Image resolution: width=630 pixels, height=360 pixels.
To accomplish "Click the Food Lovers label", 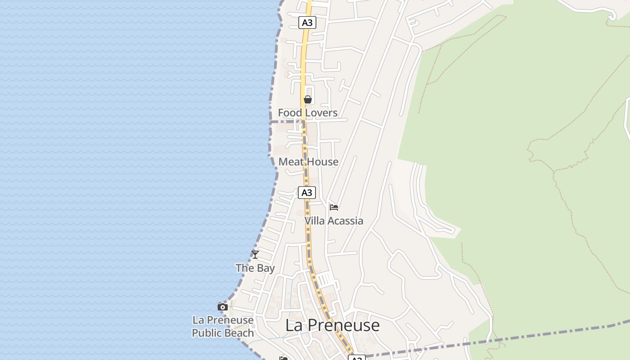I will coord(307,112).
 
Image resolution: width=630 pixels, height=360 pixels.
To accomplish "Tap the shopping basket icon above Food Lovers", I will coord(308,99).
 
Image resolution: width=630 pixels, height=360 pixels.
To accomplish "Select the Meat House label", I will coord(308,162).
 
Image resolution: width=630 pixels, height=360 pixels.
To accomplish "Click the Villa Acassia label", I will coord(333,220).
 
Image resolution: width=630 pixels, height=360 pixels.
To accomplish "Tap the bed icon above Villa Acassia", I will coord(334,207).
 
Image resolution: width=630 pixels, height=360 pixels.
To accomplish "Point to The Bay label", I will coord(255,268).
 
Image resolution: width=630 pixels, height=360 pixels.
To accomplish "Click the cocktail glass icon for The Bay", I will coord(255,255).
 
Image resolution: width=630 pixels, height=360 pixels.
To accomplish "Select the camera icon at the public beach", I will coord(222,307).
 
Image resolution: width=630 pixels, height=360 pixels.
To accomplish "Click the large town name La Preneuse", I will coord(333,325).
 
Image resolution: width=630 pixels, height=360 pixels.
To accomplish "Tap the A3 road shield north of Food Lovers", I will coord(307,22).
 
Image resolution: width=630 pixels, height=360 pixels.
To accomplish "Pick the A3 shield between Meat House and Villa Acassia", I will coord(307,193).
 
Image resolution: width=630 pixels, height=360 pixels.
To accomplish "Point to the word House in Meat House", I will coord(323,162).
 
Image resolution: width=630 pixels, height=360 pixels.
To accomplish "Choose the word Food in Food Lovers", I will coord(289,112).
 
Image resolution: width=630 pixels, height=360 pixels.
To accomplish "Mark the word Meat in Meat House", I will coord(290,162).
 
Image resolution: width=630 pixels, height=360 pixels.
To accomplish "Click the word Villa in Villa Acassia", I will coord(315,220).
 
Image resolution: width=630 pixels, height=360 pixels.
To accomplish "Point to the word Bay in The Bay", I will coord(265,268).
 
